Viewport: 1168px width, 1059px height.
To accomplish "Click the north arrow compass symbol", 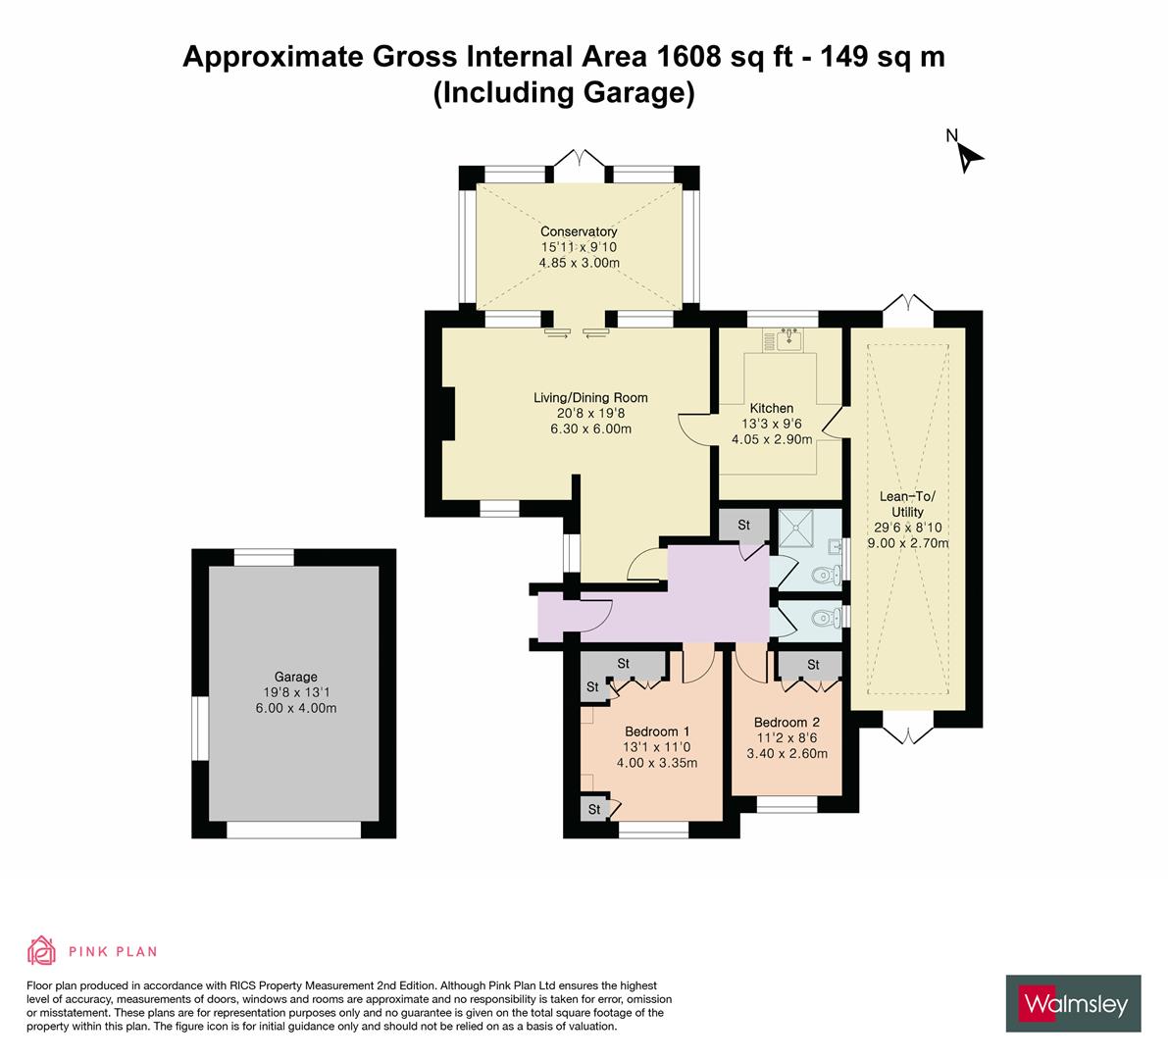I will coord(968,155).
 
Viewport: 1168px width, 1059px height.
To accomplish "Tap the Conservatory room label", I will coord(579,231).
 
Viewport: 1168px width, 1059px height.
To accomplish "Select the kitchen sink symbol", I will coord(788,339).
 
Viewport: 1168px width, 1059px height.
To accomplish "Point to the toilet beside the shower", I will coord(830,575).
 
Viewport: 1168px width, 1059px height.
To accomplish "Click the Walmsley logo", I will coord(1073,1003).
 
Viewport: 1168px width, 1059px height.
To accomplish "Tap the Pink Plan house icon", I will coord(42,950).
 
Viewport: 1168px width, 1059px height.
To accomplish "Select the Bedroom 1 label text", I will coord(657,731).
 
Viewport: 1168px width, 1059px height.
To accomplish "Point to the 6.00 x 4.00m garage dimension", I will coord(295,708).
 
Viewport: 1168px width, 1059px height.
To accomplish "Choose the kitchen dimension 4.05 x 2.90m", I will coord(772,439).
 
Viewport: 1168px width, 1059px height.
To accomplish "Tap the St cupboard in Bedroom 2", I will coord(812,665).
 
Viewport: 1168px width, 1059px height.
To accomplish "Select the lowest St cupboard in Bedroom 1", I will coord(593,809).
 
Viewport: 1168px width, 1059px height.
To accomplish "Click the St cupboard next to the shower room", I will coord(743,526).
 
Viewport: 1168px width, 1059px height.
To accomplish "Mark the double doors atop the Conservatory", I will coord(580,161).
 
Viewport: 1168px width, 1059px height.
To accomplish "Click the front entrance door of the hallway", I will coord(591,613).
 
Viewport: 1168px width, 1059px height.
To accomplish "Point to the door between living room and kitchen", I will coord(691,427).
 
